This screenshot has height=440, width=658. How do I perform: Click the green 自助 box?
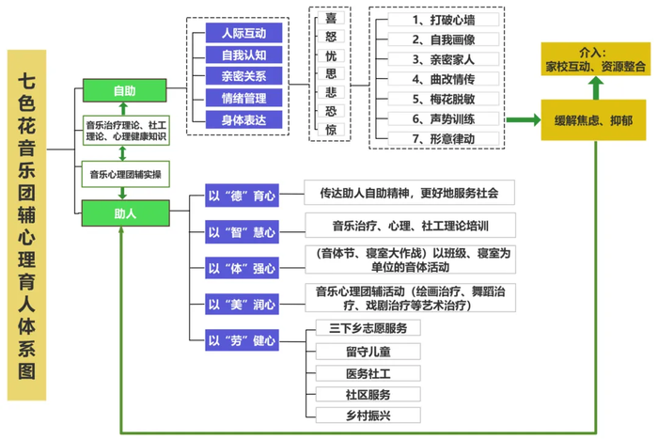124,91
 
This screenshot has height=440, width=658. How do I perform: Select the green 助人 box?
124,213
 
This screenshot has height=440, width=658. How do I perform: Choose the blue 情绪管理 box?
243,97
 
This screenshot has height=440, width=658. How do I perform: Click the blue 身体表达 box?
243,118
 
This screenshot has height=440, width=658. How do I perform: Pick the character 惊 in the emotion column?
330,130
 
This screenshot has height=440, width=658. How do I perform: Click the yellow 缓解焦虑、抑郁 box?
592,120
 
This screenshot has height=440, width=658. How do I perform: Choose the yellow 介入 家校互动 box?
595,60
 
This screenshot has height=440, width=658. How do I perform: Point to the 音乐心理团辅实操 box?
124,174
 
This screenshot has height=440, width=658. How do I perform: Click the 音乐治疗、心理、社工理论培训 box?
409,226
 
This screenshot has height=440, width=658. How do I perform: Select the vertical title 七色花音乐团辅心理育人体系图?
31,226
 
